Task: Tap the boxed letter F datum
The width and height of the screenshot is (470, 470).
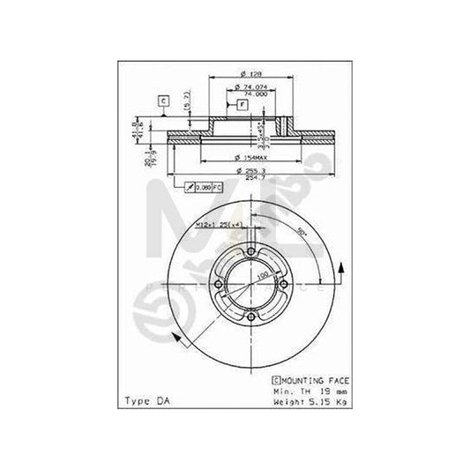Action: tap(242, 105)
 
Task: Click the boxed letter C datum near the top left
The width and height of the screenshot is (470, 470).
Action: tap(163, 101)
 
